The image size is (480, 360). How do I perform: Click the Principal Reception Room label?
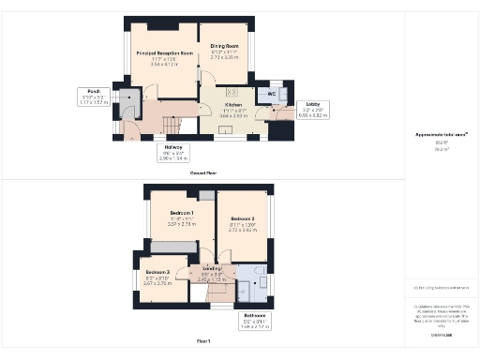coord(159,54)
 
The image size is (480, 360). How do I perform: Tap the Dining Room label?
coord(225,46)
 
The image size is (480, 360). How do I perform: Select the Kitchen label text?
coord(232,105)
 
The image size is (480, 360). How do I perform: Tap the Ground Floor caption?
coord(204,173)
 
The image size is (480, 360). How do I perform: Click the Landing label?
coord(212,269)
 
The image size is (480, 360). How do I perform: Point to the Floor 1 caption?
coord(203,339)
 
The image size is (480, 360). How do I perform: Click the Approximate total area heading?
coord(441,136)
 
